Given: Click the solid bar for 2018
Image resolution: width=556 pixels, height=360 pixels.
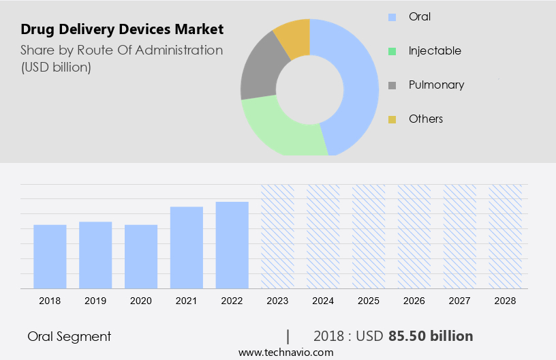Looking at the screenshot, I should pos(50,256).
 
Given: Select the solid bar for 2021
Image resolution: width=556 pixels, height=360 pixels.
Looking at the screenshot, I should pos(187,247).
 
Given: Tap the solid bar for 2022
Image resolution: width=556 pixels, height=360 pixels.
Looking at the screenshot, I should pos(232,245).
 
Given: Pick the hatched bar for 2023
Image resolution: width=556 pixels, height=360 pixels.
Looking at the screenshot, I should pos(278,237).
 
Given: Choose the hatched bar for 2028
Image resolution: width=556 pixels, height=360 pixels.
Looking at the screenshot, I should pos(506,237).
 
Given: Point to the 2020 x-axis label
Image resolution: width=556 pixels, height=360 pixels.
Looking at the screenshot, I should pos(141,301).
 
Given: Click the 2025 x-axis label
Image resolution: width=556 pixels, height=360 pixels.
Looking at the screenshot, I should pos(369,301).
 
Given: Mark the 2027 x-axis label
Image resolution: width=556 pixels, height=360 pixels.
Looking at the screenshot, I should pos(460,301).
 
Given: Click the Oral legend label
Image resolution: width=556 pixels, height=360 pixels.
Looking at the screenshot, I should pos(420,16).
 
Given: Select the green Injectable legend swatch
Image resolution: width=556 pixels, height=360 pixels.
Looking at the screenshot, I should pos(392,51).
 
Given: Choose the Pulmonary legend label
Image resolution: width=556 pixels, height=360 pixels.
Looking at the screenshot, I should pos(436,85).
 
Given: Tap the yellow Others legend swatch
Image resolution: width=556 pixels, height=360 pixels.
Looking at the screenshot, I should pos(392,119).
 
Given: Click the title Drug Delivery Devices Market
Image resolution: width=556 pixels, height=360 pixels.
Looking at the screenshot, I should pos(122,29).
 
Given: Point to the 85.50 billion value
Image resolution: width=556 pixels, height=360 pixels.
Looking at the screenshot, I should pos(431,336).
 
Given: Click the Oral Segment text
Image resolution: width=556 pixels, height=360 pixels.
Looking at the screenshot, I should pos(69,336).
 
